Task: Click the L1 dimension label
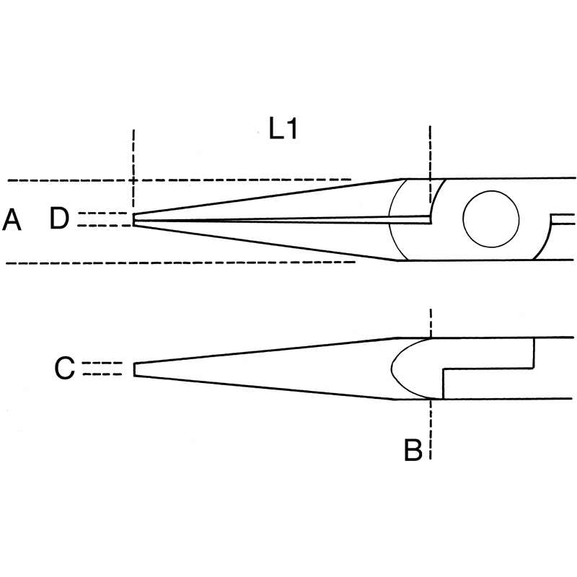pos(283,129)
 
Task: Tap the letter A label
pos(12,220)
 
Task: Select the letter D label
pos(59,219)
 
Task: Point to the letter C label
pos(64,368)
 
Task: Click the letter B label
pos(413,449)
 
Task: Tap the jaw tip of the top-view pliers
pos(134,219)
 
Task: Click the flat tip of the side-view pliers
pos(135,369)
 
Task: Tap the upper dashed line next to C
pos(102,363)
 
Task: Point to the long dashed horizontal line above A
pos(180,180)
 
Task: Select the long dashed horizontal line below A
pos(180,263)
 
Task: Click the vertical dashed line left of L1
pos(133,169)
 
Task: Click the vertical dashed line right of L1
pos(430,164)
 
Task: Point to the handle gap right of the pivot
pos(563,219)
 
